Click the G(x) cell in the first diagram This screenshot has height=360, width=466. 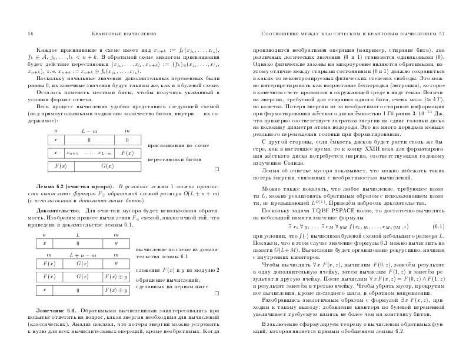tap(107, 166)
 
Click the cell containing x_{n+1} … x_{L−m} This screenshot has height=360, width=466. tap(89, 152)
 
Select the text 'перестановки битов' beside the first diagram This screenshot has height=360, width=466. tap(171, 159)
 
